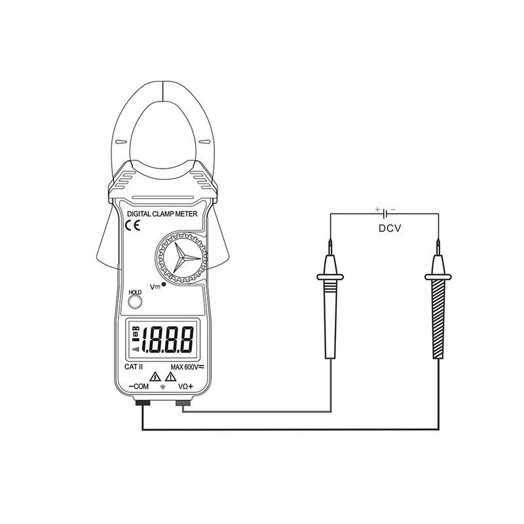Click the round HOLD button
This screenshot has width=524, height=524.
pyautogui.click(x=136, y=301)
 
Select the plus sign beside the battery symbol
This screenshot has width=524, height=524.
pyautogui.click(x=377, y=209)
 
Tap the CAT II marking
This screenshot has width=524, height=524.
pyautogui.click(x=134, y=367)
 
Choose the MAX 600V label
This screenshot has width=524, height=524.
pyautogui.click(x=187, y=367)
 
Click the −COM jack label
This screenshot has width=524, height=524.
pyautogui.click(x=140, y=388)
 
